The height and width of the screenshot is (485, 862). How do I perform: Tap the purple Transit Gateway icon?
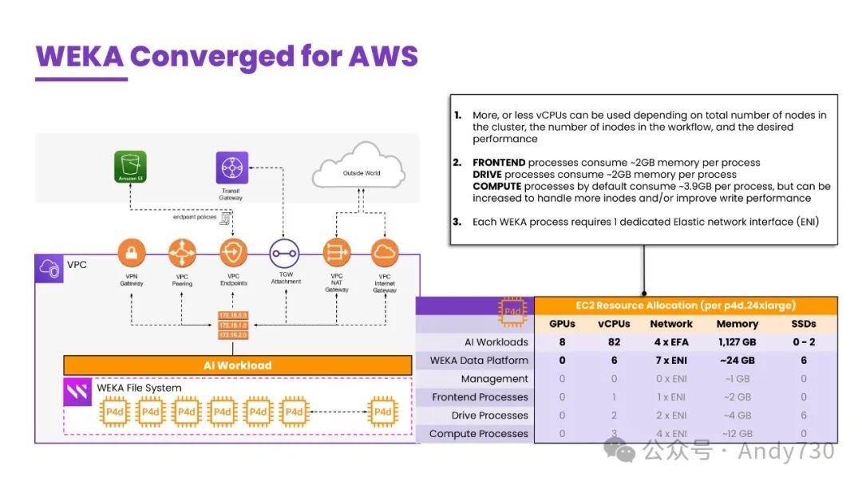click(x=231, y=168)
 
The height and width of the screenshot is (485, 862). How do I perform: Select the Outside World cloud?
click(x=361, y=171)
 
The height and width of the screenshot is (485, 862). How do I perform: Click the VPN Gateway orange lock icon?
click(x=132, y=254)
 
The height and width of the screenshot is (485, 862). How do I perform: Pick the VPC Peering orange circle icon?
click(x=182, y=254)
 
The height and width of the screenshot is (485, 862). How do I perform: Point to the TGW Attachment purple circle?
click(x=285, y=254)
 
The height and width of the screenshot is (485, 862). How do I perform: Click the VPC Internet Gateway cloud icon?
click(x=385, y=254)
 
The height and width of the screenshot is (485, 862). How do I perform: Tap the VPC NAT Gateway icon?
click(x=337, y=254)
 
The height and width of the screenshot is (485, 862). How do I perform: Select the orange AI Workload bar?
click(x=237, y=365)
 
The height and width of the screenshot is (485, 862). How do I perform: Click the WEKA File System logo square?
click(x=77, y=392)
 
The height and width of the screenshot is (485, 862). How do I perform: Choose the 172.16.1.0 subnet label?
click(x=233, y=325)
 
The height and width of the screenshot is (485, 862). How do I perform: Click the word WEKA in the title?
click(x=79, y=57)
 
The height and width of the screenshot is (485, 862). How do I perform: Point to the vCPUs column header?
click(x=613, y=324)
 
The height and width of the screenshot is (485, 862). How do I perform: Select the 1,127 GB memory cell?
click(x=737, y=342)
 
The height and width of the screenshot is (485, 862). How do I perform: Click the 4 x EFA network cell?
click(x=671, y=342)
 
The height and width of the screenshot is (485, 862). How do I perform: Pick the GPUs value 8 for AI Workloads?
click(x=562, y=342)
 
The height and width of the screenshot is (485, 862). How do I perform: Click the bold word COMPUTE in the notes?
click(x=496, y=186)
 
